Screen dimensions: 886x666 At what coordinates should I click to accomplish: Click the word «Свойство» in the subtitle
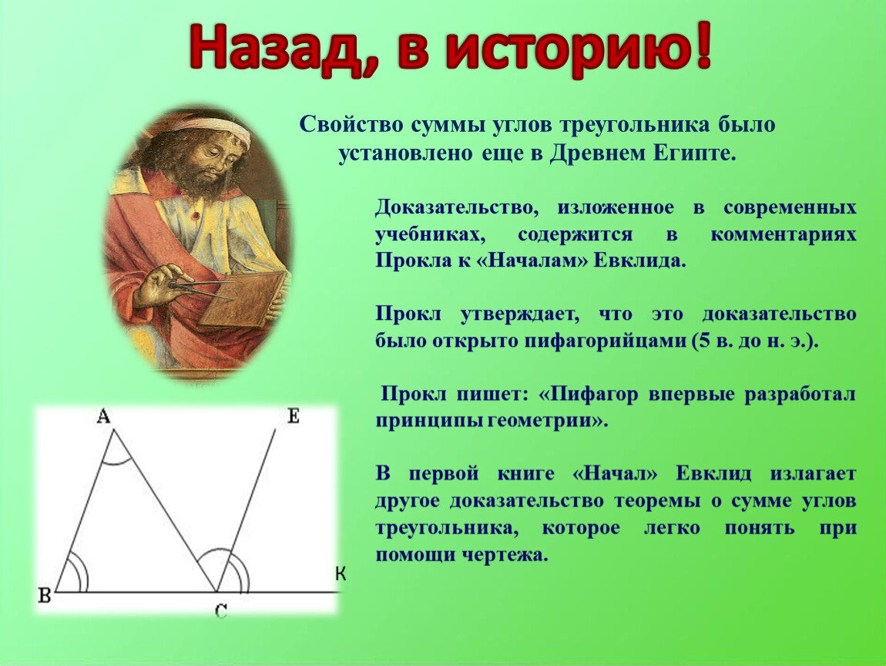pos(350,124)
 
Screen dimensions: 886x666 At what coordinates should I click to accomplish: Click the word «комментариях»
pos(784,234)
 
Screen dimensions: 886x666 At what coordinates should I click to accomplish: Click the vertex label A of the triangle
pos(103,417)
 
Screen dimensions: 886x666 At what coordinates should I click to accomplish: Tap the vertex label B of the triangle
pos(45,595)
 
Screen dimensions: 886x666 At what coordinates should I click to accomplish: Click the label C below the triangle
pos(221,611)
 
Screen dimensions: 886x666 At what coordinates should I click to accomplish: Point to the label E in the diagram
pos(294,417)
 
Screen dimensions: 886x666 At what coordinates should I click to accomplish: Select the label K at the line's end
pos(341,573)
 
